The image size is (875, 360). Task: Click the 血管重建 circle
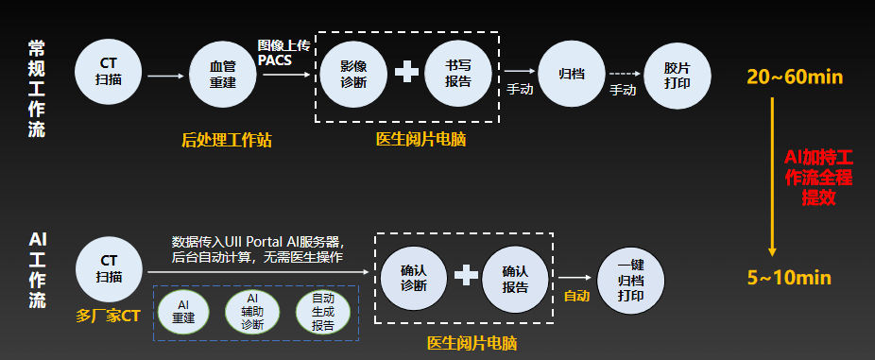point(223,74)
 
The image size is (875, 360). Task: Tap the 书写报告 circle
point(458,74)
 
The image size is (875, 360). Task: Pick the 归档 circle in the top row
point(571,74)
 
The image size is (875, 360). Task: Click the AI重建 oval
point(184,311)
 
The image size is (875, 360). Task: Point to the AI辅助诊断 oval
point(252,311)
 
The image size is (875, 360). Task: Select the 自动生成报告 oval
point(323,311)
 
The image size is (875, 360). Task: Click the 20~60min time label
point(794,77)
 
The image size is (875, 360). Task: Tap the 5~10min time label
point(788,278)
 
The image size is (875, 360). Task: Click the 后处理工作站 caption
point(227,140)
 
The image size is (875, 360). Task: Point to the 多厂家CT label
point(109,315)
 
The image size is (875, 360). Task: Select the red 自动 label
point(575,296)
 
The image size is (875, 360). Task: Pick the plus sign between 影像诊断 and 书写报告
point(406,73)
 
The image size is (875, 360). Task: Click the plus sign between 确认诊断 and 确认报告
point(465,275)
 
